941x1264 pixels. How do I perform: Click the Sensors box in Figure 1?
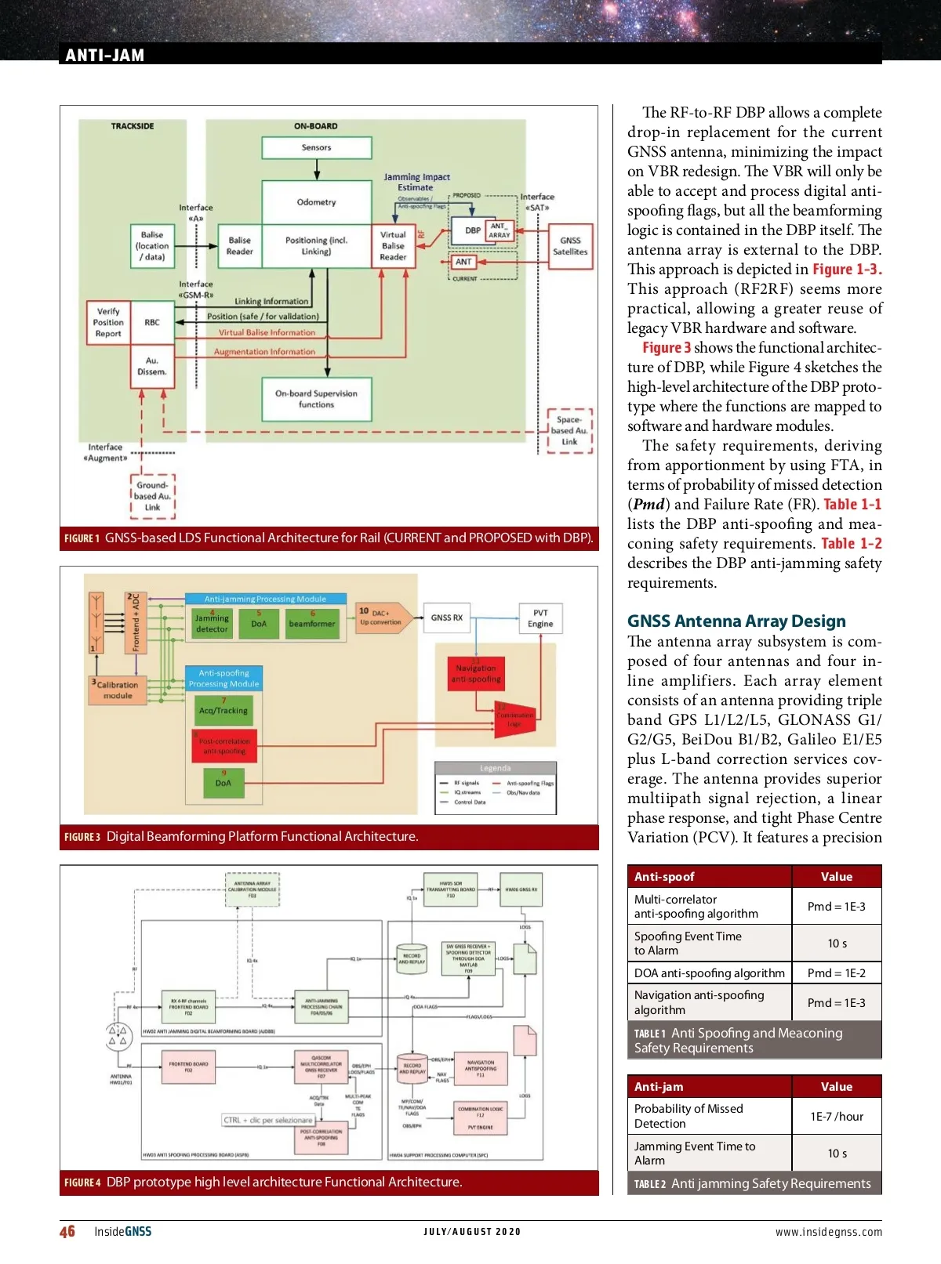(x=316, y=147)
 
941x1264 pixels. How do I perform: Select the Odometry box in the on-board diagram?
(x=316, y=202)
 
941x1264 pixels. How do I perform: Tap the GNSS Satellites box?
(x=570, y=246)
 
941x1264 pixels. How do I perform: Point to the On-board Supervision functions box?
(x=316, y=399)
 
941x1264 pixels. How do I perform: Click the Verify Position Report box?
(x=108, y=322)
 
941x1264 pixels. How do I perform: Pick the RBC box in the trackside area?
(x=152, y=322)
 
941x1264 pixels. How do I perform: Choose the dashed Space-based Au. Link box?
(x=569, y=430)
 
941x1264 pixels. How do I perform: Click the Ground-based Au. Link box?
(x=152, y=496)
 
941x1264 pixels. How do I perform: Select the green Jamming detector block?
(x=212, y=624)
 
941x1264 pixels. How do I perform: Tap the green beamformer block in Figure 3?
(x=312, y=624)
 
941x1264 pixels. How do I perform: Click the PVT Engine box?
(x=540, y=618)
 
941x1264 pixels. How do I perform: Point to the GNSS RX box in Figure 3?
(x=447, y=618)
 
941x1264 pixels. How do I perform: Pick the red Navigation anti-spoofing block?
(x=476, y=674)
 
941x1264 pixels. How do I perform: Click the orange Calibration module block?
(x=118, y=690)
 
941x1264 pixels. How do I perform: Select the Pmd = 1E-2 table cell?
(x=837, y=973)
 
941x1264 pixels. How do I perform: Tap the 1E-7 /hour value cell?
(x=837, y=1116)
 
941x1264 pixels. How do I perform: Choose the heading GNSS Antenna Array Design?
(x=736, y=621)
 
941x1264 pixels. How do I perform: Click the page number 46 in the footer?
(x=67, y=1231)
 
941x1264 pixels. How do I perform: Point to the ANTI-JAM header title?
(x=105, y=55)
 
